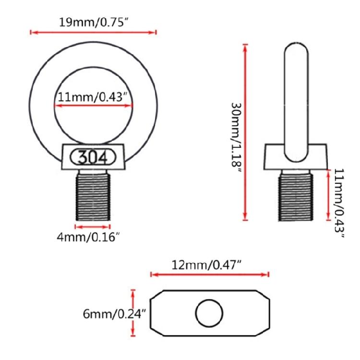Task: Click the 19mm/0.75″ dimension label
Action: tap(93, 23)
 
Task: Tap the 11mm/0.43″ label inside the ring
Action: tap(93, 97)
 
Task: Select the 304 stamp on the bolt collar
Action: tap(93, 157)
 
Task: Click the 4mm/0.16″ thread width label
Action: tap(88, 237)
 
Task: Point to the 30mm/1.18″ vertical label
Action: tap(236, 137)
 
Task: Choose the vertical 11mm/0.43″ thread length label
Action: tap(339, 203)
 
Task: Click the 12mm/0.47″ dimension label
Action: tap(206, 265)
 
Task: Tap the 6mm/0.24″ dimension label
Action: tap(115, 314)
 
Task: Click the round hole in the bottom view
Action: tap(209, 313)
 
